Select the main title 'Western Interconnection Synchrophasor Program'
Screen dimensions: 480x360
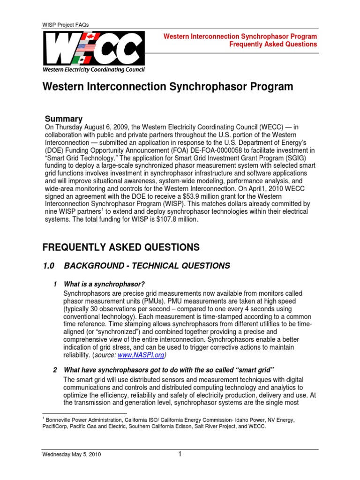[x=168, y=87]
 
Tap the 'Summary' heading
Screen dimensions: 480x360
[x=63, y=119]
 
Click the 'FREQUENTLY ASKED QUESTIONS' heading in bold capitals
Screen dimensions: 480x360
[x=121, y=247]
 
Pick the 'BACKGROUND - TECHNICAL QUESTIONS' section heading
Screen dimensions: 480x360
[x=147, y=266]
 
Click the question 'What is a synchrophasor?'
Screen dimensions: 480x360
[x=104, y=285]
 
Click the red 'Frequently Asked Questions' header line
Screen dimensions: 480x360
[x=273, y=45]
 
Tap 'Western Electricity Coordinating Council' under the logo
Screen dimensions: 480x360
[x=94, y=70]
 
